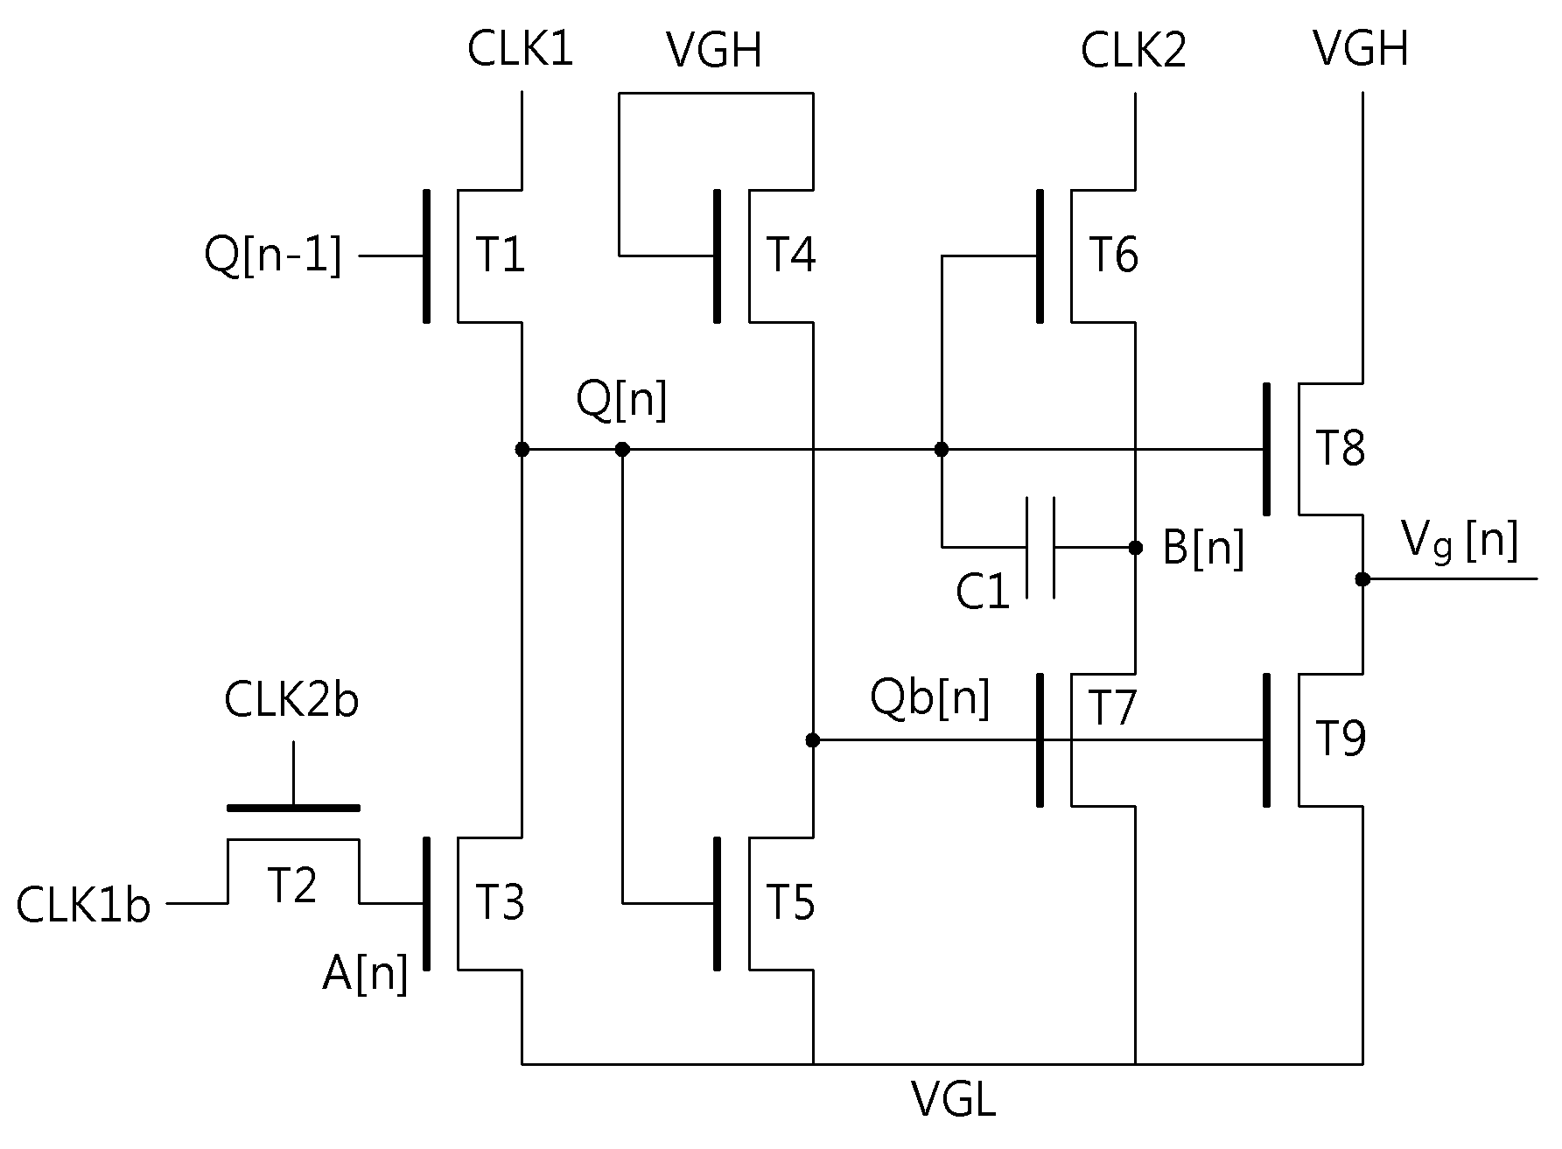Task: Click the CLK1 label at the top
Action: [x=520, y=49]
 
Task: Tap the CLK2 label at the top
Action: [x=1133, y=50]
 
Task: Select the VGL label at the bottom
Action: [x=953, y=1100]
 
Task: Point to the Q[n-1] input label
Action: [x=272, y=257]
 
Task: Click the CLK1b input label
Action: [x=83, y=905]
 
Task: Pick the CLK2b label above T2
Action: [x=291, y=700]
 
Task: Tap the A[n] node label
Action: [x=365, y=973]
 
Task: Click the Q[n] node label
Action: [x=621, y=400]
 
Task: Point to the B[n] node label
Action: [x=1203, y=549]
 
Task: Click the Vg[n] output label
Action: [x=1460, y=541]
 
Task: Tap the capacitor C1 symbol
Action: [x=1040, y=548]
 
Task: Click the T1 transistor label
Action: [x=501, y=256]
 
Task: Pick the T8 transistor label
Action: [x=1341, y=448]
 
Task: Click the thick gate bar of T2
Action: [x=293, y=808]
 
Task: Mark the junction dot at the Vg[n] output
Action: [x=1362, y=579]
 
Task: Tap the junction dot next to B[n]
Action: [x=1136, y=548]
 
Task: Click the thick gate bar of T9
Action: [x=1267, y=739]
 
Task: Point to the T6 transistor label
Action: [x=1113, y=256]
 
